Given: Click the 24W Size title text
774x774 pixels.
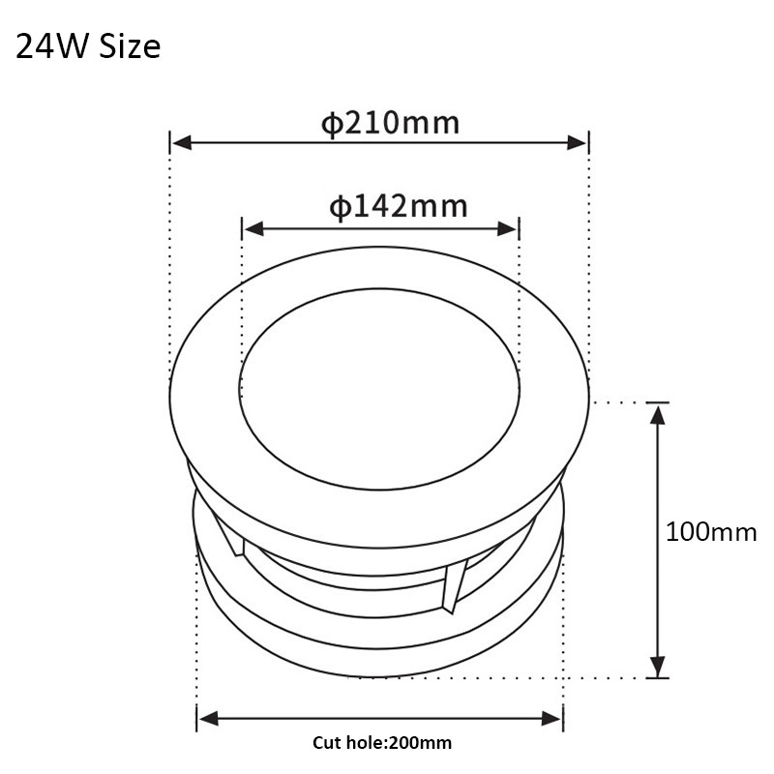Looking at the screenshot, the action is coord(88,46).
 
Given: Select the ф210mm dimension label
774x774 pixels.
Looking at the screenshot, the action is coord(390,123).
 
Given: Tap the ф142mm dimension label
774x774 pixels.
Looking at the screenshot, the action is coord(398,207).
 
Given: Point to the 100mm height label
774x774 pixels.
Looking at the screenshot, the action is coord(711,532).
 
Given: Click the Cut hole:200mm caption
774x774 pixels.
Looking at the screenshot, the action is coord(381,743).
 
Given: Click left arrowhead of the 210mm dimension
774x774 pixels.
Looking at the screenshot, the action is coord(181,143).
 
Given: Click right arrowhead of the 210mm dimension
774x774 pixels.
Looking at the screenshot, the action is coord(577,143).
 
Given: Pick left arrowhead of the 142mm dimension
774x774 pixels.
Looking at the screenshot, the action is coord(253,229).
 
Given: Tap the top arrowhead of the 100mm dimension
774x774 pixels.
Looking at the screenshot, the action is coord(657,414).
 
